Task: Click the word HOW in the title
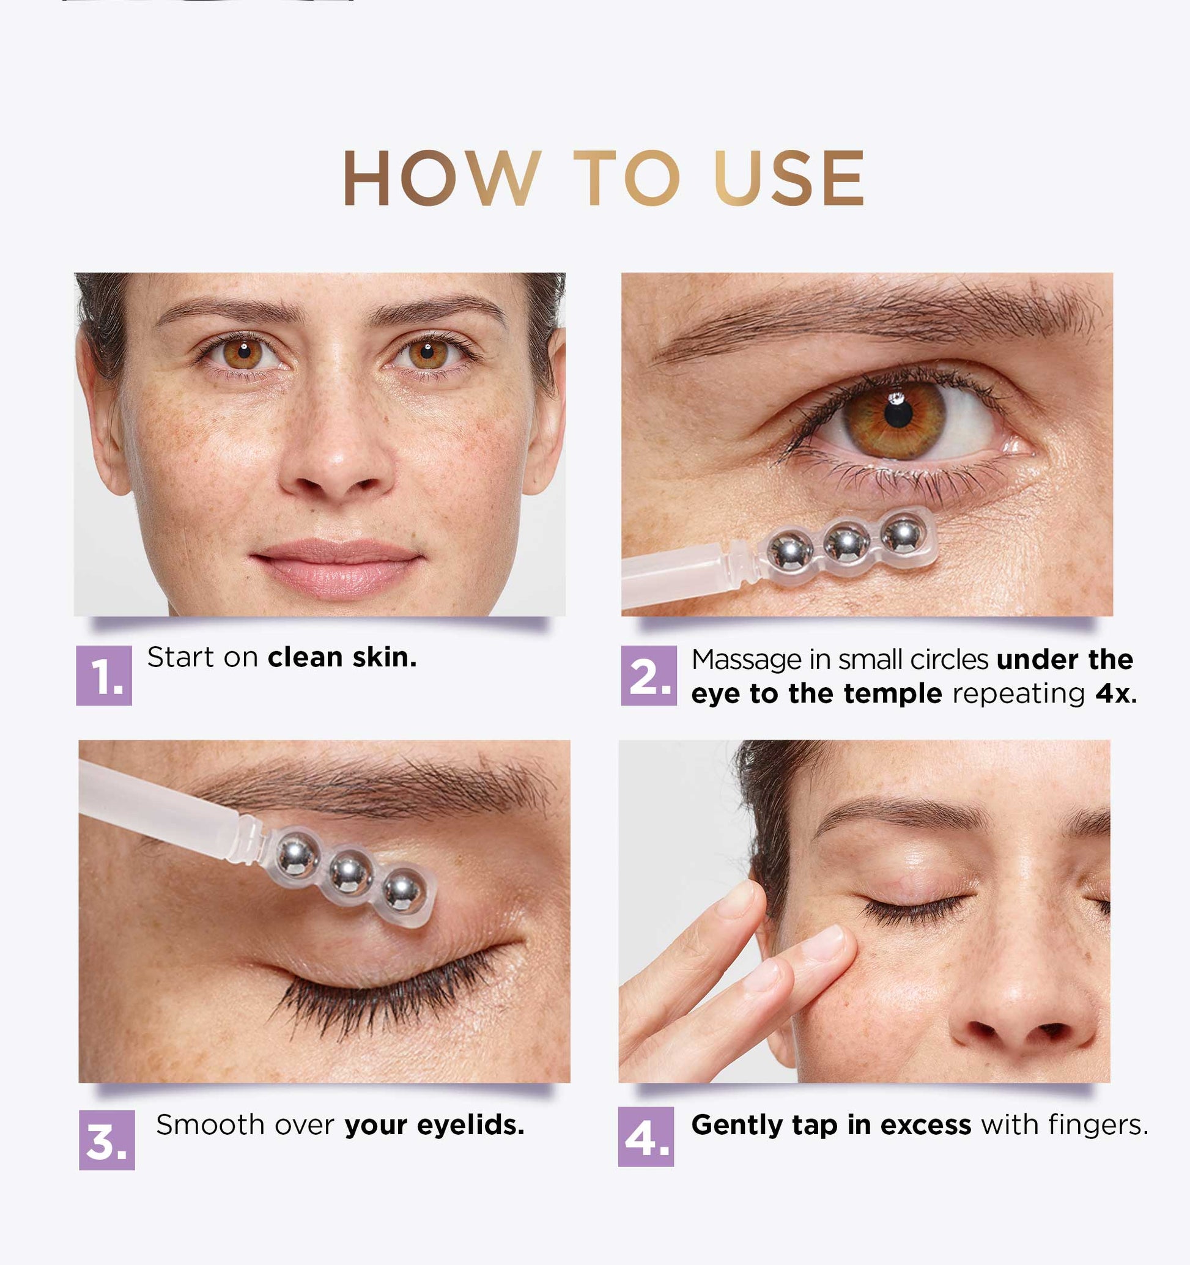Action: [442, 178]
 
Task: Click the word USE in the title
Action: [789, 178]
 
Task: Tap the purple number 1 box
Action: [104, 675]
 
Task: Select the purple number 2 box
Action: [648, 675]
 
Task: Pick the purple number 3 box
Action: [107, 1140]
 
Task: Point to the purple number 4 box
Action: [646, 1137]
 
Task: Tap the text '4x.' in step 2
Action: [1116, 693]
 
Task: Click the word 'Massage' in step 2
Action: [747, 660]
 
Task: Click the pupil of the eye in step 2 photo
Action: [898, 415]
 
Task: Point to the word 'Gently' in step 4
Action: [737, 1126]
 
